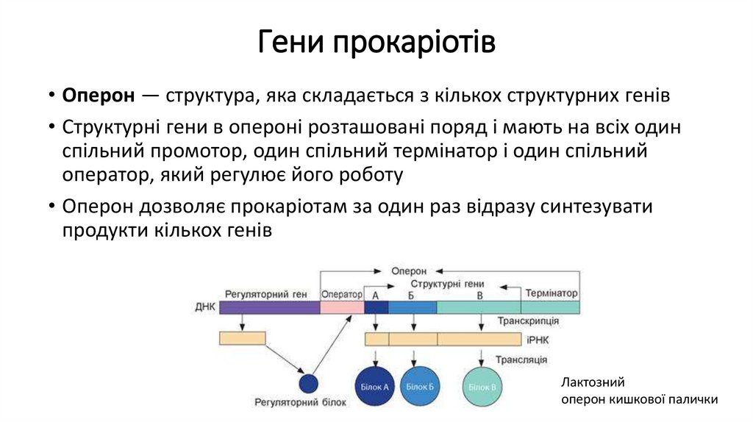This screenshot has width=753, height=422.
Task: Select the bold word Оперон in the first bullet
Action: click(x=99, y=96)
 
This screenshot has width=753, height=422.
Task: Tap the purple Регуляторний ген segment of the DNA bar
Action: click(x=269, y=307)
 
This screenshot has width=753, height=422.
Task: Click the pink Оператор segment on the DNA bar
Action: click(x=342, y=307)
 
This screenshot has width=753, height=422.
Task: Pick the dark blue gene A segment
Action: click(x=376, y=307)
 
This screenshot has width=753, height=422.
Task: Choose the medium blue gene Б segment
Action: click(x=412, y=307)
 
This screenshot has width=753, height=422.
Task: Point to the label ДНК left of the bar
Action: click(x=205, y=307)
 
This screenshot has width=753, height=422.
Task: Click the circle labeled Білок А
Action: click(x=376, y=386)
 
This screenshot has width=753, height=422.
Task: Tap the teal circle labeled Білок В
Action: click(x=482, y=386)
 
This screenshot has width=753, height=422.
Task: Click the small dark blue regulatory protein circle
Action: click(x=308, y=383)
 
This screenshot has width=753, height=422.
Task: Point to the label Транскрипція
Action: click(x=527, y=321)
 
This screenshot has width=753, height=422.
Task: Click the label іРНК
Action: click(x=538, y=340)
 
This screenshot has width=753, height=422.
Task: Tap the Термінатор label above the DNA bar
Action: click(x=551, y=293)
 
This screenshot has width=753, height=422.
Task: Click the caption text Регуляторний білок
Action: click(x=295, y=403)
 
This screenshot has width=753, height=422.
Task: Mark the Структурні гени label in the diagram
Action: click(x=447, y=283)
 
